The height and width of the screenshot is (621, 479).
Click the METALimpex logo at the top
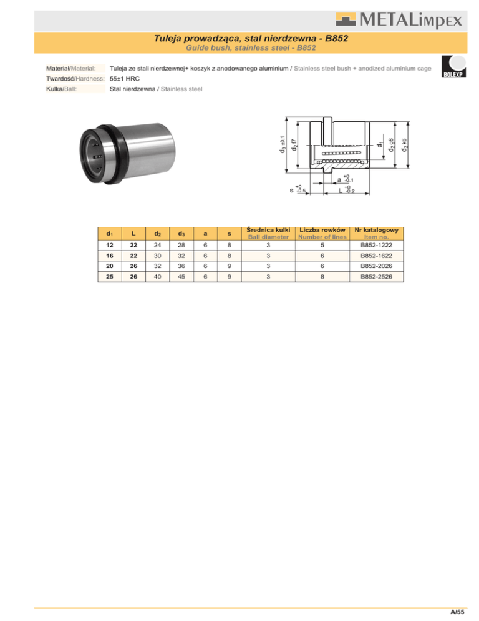(399, 20)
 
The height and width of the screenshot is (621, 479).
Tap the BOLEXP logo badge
(453, 66)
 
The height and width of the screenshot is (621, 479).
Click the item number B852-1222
(376, 245)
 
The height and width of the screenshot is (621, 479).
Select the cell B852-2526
(376, 276)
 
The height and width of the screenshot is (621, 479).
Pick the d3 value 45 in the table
(181, 276)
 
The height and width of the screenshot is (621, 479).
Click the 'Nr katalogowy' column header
(376, 230)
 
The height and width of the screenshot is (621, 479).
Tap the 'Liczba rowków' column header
(322, 230)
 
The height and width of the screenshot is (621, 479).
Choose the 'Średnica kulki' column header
(268, 230)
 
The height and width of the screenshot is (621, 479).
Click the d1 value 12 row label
(110, 245)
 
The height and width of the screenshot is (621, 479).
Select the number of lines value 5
(322, 245)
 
